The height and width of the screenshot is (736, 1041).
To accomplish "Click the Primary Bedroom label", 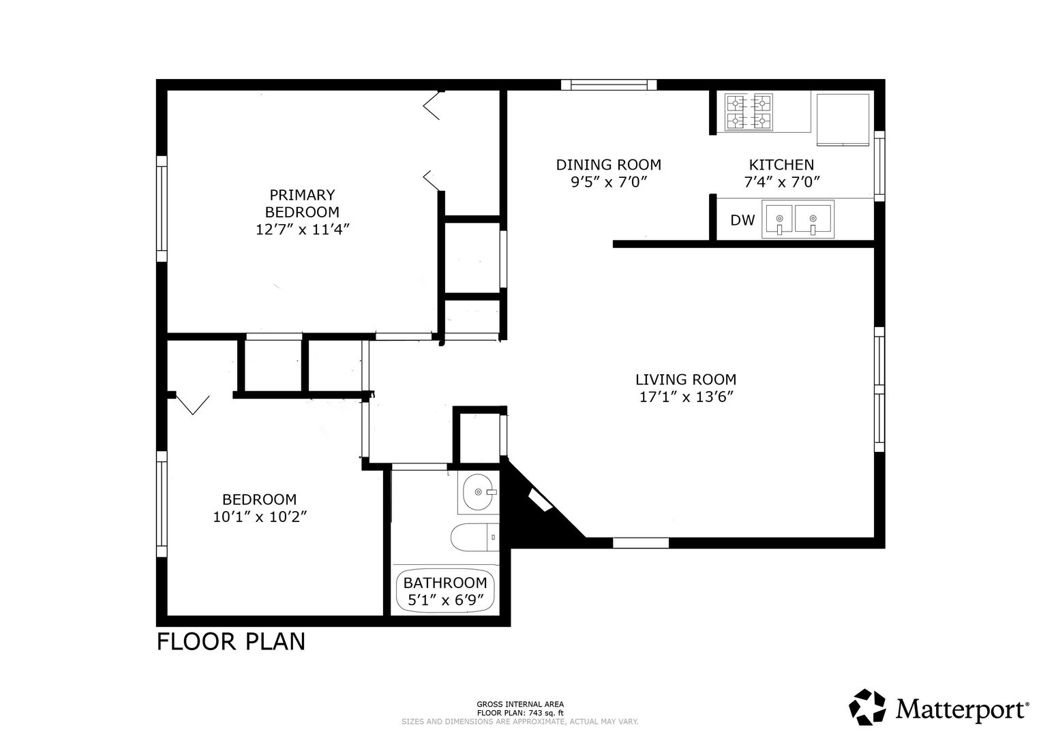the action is point(302,203).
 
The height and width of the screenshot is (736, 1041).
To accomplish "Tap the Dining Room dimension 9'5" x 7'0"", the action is point(609,182).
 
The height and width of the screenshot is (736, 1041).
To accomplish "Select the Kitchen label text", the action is point(781,164).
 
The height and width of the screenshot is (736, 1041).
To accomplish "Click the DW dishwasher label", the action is point(742,219).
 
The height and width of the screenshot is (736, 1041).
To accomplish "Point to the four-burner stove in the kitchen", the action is point(749,112).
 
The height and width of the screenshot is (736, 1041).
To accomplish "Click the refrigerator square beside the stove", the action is point(843,119).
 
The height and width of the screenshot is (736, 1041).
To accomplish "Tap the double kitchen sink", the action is point(798,219).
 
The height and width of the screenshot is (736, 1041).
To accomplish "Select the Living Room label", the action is point(686,380).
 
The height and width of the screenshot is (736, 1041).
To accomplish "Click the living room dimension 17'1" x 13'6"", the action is point(686,397).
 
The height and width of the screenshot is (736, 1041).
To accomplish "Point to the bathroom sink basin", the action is point(478,492).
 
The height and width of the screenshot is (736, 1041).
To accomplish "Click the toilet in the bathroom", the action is point(474,538).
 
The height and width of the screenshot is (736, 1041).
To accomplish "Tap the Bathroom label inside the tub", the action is point(445,583).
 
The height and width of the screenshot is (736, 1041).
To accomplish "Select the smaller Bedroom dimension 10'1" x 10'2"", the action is point(260,517).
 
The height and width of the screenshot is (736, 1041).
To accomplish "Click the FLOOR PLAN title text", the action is point(231,642).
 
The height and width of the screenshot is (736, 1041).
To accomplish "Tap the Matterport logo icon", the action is point(867,707).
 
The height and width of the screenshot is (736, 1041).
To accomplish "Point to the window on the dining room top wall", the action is point(609,85).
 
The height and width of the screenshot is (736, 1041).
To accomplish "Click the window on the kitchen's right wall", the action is point(879,166).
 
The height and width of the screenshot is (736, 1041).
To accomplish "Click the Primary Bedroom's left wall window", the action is point(162,209).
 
